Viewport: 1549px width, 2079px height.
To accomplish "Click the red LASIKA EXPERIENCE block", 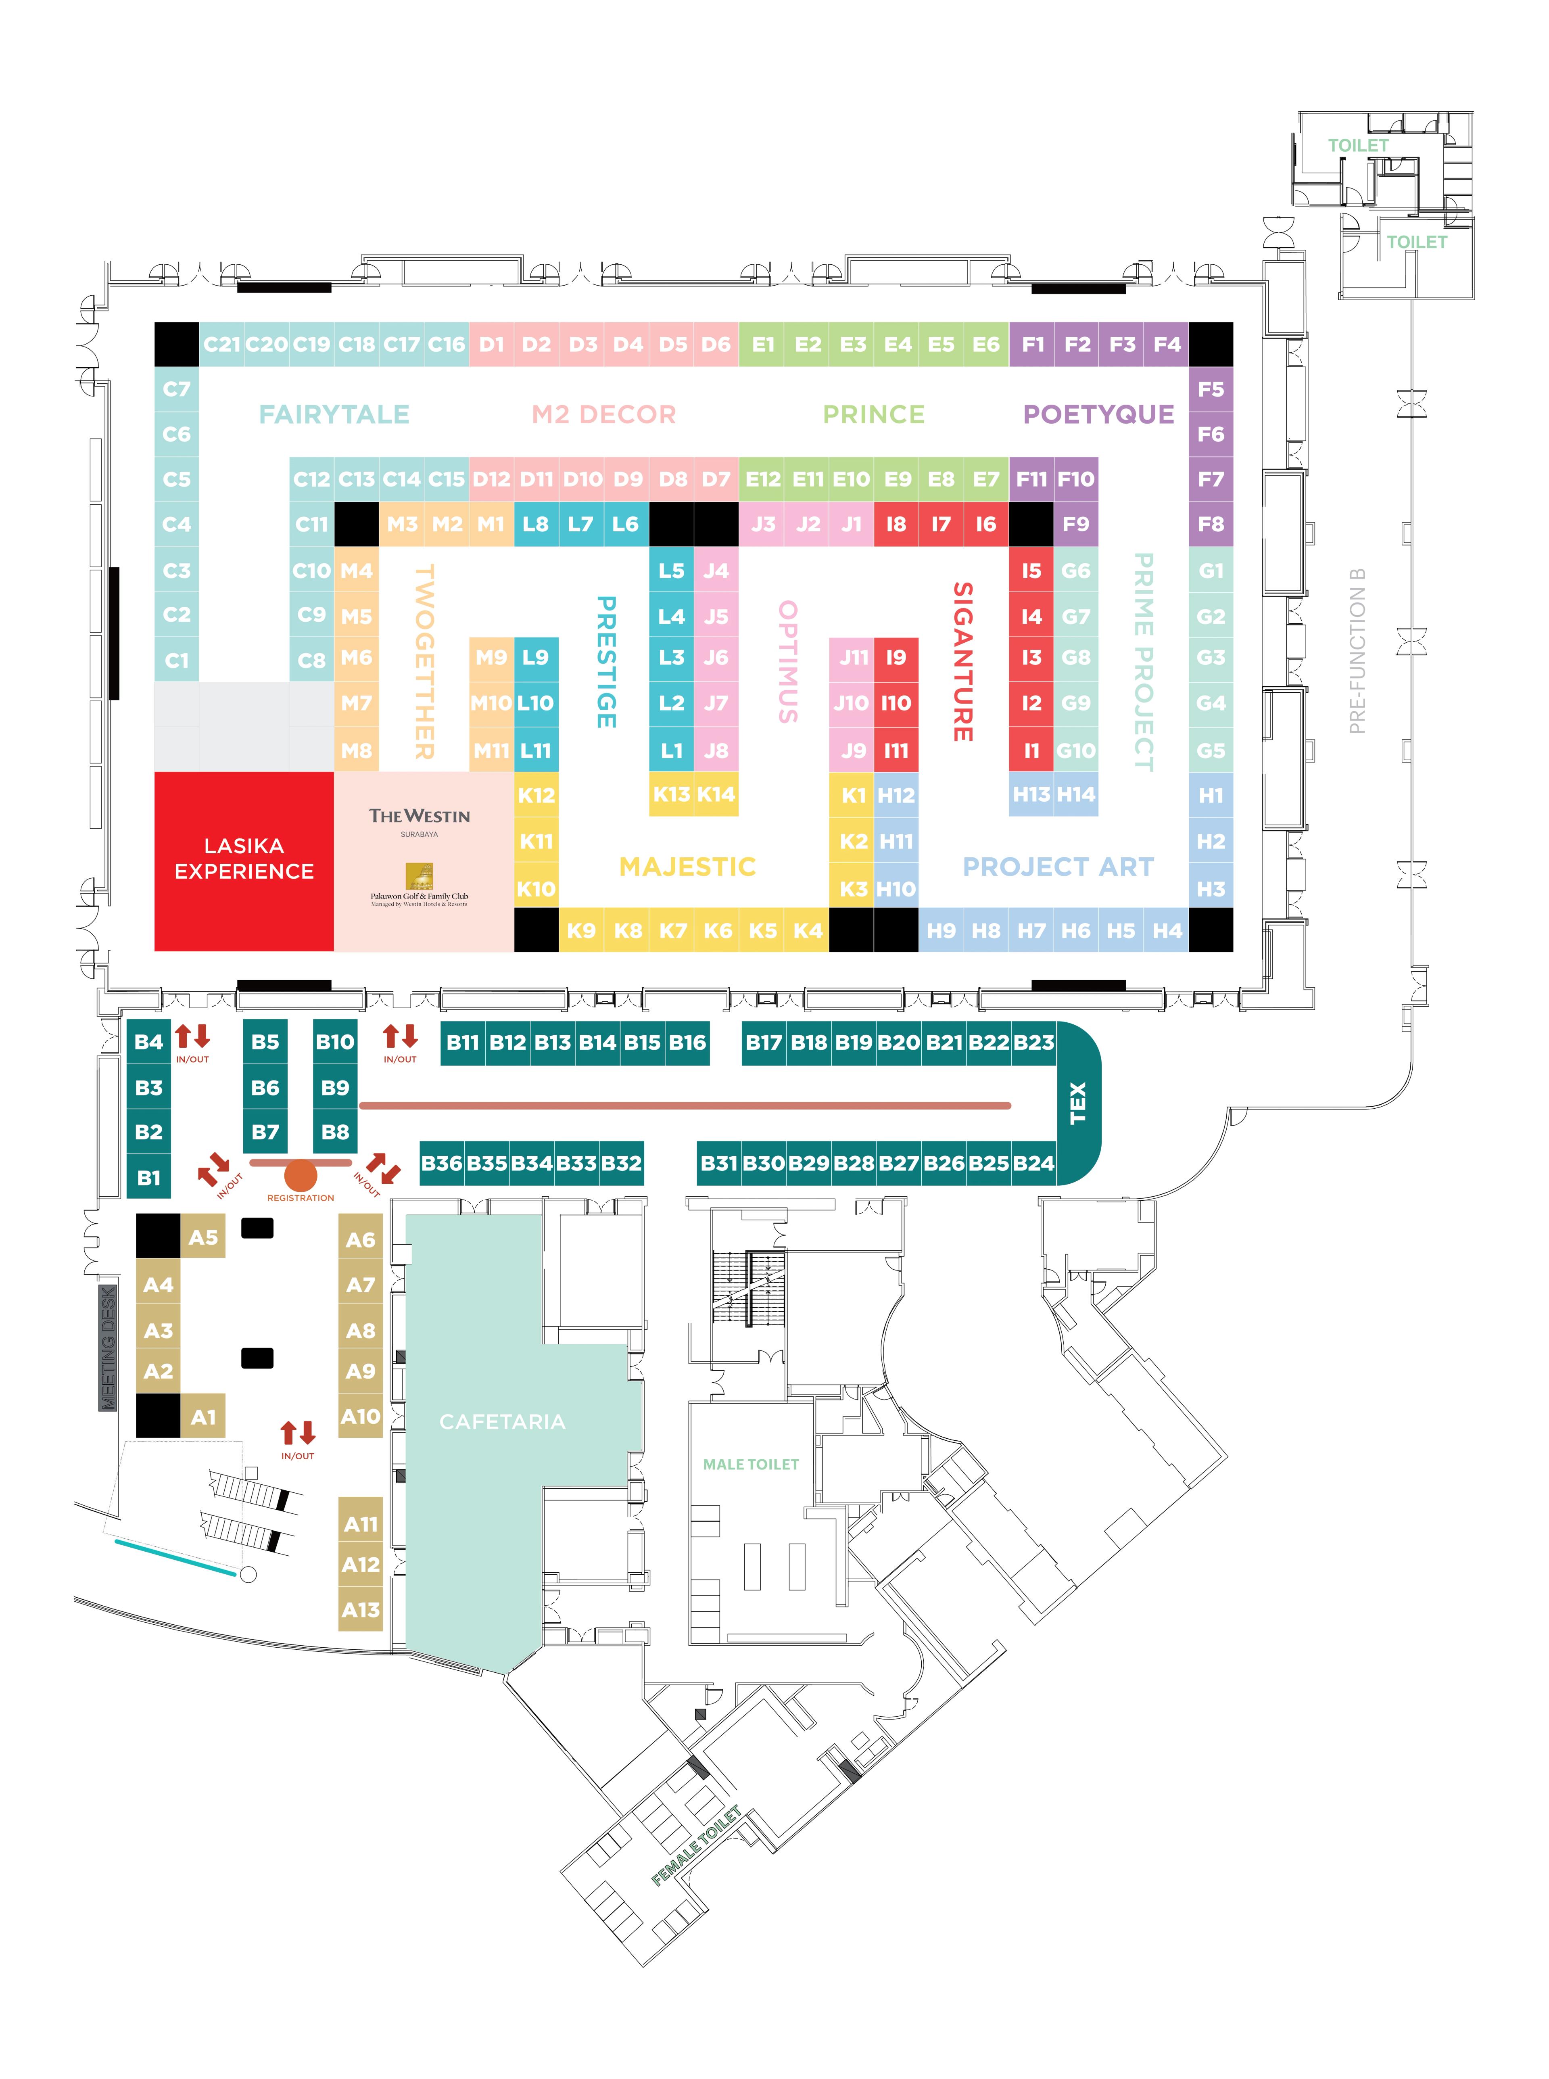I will click(244, 860).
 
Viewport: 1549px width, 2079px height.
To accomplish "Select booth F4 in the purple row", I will click(1167, 344).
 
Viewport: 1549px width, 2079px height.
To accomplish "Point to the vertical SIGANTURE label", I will click(963, 661).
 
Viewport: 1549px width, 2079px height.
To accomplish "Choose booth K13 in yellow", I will click(671, 794).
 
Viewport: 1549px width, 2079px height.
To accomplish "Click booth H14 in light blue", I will click(1075, 794).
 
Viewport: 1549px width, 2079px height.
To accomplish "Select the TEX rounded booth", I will click(1078, 1103).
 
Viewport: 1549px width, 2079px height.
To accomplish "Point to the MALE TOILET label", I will click(751, 1464).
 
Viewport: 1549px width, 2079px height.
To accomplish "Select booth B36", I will click(442, 1163).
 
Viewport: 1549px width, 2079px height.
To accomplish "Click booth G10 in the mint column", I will click(1075, 750).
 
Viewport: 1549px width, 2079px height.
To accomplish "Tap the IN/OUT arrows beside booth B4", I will click(192, 1039).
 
